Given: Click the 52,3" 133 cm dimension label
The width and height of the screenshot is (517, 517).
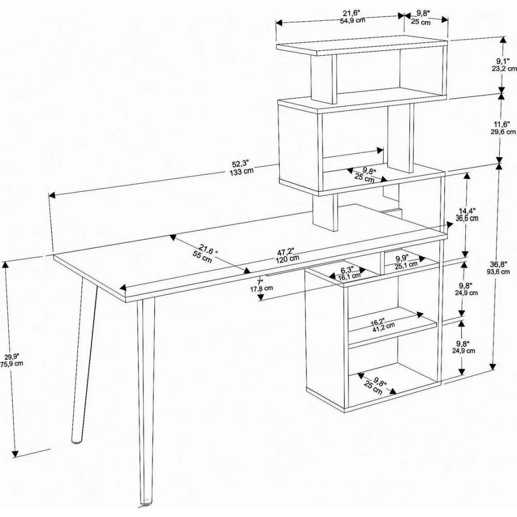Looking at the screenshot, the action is coord(241,168).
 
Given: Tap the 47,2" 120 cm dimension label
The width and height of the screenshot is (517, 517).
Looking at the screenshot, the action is coord(287,255).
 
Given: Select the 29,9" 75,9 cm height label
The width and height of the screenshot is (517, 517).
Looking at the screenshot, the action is coord(11,360).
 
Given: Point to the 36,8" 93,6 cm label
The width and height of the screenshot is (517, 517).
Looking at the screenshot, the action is coord(498,268).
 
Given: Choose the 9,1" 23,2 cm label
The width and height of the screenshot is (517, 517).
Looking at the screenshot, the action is coord(504,65).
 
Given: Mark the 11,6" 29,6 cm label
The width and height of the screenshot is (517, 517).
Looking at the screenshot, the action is coord(503,128).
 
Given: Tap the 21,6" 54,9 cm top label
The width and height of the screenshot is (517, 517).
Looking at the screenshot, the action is coord(352,17).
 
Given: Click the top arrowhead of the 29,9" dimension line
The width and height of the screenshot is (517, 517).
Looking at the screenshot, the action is coord(5,265).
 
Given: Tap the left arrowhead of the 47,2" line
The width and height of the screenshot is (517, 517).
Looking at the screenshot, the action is coord(123,287).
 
